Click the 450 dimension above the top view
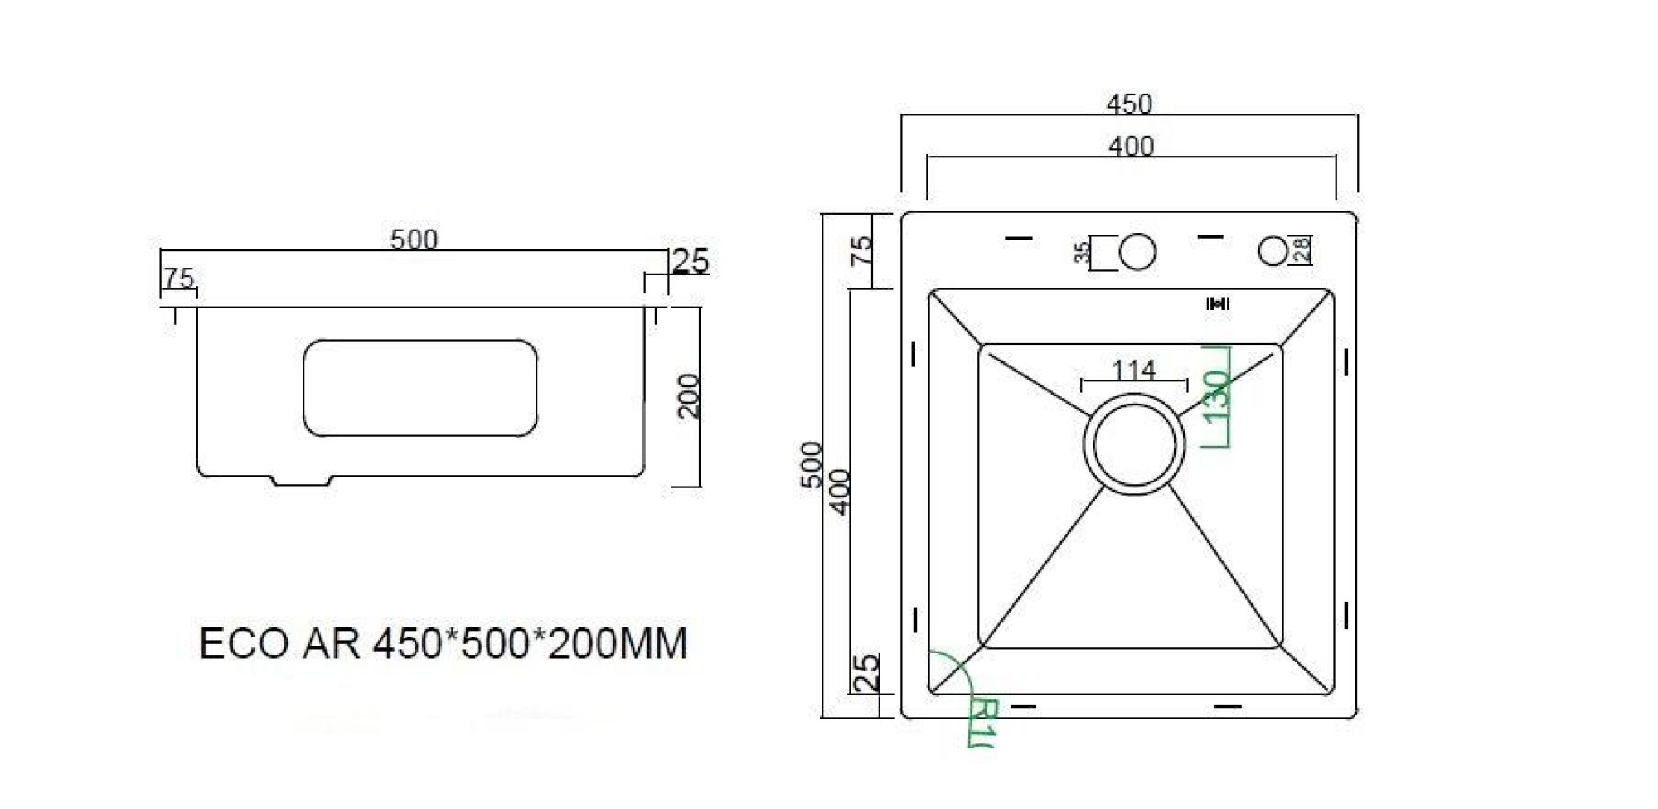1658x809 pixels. click(x=1129, y=104)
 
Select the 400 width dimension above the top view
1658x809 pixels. click(x=1131, y=147)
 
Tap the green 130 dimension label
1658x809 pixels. click(x=1216, y=396)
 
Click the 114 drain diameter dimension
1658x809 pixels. click(x=1133, y=370)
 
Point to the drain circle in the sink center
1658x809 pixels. click(x=1134, y=444)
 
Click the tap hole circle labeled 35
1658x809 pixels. click(x=1137, y=252)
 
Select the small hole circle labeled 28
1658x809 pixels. click(x=1273, y=250)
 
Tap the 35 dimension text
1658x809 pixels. click(x=1082, y=252)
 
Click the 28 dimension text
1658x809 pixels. click(x=1302, y=249)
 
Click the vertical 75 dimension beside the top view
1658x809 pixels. click(x=862, y=250)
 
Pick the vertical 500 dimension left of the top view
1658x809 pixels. click(x=812, y=465)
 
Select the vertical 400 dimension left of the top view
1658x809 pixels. click(x=840, y=492)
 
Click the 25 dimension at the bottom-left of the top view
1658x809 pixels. click(x=866, y=673)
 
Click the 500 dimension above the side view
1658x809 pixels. click(x=414, y=240)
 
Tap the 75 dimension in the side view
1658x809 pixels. click(x=178, y=278)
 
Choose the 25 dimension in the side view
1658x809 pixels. click(x=691, y=261)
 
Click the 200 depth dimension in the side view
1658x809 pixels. click(x=689, y=396)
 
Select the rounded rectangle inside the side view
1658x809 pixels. click(x=419, y=388)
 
